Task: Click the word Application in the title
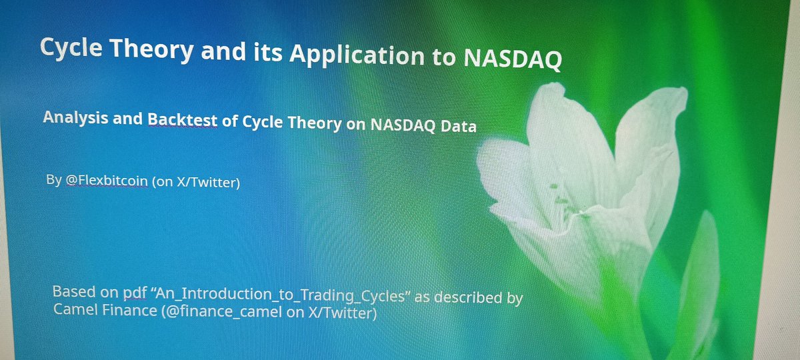[x=357, y=55]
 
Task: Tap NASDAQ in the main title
[x=513, y=58]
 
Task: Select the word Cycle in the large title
[x=71, y=47]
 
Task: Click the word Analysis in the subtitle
[x=75, y=117]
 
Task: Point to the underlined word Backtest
[x=183, y=119]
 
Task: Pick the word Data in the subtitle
[x=458, y=126]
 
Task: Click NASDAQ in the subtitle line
[x=403, y=125]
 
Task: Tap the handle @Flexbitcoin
[x=107, y=181]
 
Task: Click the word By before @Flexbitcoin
[x=54, y=179]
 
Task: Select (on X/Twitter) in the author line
[x=196, y=182]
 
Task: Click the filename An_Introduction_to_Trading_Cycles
[x=281, y=295]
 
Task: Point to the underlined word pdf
[x=135, y=293]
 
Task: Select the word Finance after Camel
[x=129, y=310]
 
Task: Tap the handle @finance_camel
[x=222, y=311]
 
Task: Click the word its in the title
[x=268, y=53]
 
